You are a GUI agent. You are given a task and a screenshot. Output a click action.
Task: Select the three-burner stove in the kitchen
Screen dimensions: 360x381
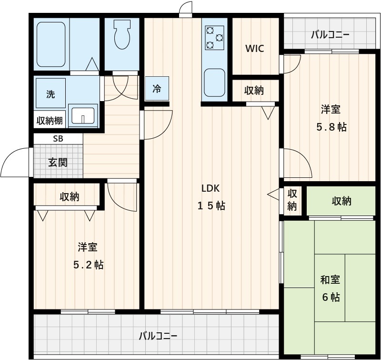[214, 38]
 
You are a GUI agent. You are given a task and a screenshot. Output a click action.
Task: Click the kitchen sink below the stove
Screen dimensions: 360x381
[214, 82]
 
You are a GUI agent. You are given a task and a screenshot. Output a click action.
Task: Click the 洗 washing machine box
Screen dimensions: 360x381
[50, 94]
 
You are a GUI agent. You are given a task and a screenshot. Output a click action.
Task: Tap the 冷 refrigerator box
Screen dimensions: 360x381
[157, 89]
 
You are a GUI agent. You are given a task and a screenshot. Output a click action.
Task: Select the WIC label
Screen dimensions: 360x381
[254, 49]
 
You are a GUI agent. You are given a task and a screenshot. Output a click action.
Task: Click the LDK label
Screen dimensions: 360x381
[210, 188]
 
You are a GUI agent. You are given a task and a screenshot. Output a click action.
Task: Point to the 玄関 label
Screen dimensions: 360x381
[58, 163]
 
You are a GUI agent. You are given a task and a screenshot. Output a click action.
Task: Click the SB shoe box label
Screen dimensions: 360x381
[58, 139]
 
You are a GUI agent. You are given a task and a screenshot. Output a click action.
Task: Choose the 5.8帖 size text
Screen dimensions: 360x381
[331, 127]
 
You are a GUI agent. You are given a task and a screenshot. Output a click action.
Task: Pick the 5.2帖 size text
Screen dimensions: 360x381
[88, 265]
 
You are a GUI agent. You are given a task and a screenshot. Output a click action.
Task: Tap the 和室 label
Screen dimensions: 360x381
[330, 280]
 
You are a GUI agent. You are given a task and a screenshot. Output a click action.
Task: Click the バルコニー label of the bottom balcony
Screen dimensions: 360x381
[158, 336]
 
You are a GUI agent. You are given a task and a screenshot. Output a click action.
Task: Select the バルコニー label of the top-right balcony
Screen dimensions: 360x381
[330, 35]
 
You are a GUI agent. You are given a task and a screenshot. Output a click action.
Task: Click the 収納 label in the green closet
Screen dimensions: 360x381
[341, 201]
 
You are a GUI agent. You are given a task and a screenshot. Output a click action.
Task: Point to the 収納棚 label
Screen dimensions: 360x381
[50, 120]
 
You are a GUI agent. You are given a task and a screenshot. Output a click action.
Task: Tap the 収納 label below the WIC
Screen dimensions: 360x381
[254, 91]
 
